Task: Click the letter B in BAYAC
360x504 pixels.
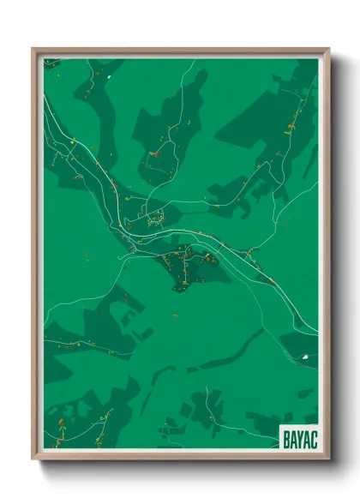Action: click(286, 440)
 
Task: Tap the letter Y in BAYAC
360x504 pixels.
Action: click(300, 440)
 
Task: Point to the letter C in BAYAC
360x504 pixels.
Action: click(314, 440)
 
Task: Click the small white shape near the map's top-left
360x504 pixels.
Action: click(111, 78)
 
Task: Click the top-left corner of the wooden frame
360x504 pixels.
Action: click(33, 50)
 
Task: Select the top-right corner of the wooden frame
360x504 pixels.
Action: click(327, 50)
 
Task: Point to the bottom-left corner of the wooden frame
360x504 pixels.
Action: click(33, 458)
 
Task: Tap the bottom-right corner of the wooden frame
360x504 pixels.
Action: click(327, 458)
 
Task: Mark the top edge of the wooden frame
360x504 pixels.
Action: click(180, 50)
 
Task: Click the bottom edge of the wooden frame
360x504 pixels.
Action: click(180, 458)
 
